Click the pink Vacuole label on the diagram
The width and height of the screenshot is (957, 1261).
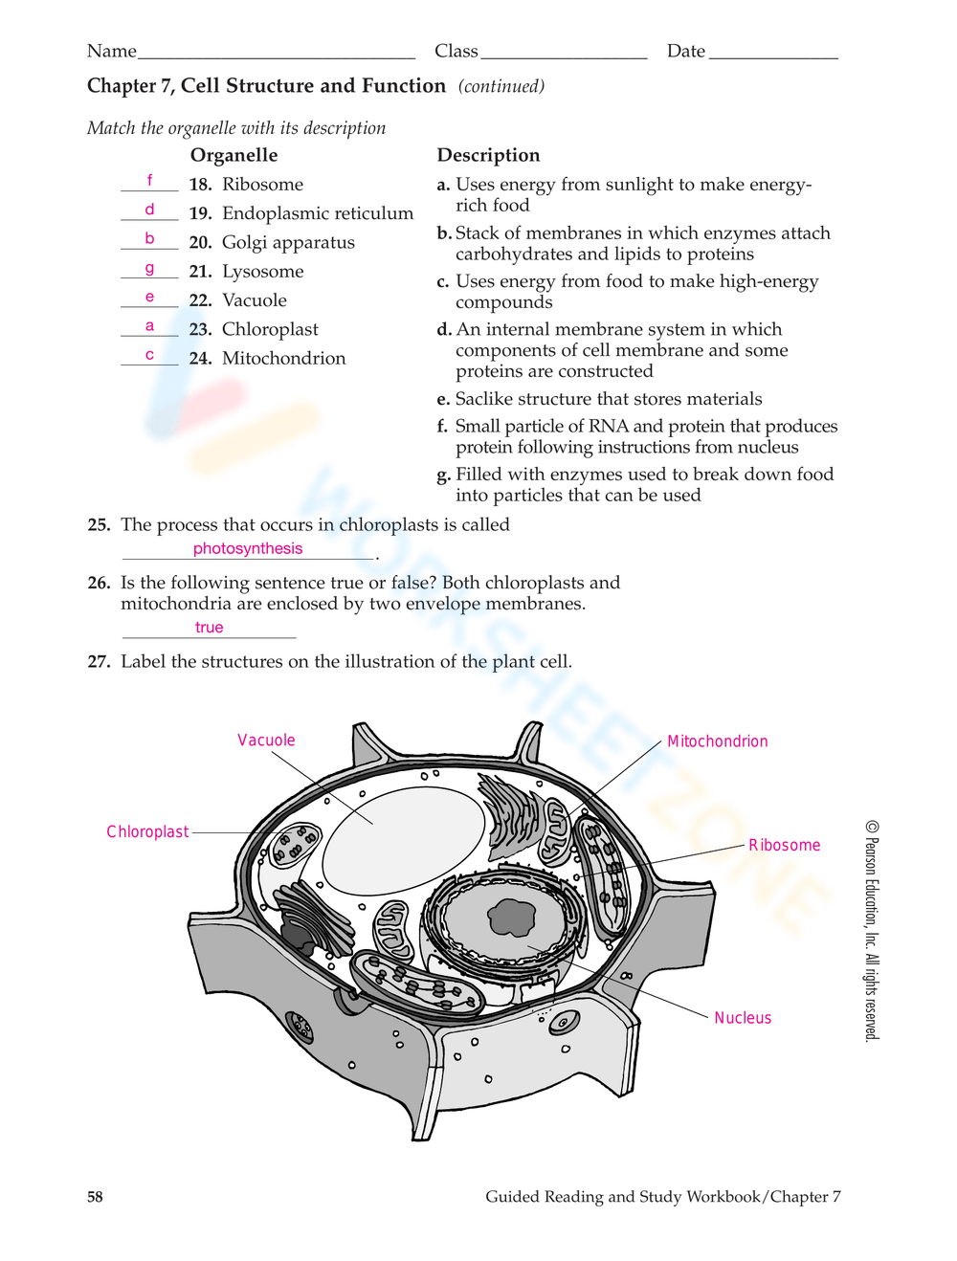[266, 741]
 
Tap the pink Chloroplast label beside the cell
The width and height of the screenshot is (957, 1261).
[147, 832]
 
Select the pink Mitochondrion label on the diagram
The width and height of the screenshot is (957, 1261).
[717, 741]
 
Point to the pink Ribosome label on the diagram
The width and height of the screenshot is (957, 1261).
[784, 845]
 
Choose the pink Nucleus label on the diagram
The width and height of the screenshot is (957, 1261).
[743, 1018]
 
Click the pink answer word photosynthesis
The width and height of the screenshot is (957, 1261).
[248, 548]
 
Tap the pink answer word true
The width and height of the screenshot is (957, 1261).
[209, 628]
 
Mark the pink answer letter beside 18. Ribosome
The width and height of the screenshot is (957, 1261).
[149, 180]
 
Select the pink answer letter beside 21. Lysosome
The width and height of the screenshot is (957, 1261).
[149, 269]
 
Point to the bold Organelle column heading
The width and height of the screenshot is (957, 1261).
[234, 156]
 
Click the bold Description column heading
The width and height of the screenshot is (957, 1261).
[488, 156]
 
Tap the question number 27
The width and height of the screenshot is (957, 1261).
[99, 662]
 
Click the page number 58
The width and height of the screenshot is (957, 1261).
[95, 1197]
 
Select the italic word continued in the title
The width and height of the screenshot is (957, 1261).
[501, 87]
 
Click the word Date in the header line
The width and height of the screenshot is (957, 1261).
[686, 52]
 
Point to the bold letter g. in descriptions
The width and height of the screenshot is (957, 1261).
[443, 476]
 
